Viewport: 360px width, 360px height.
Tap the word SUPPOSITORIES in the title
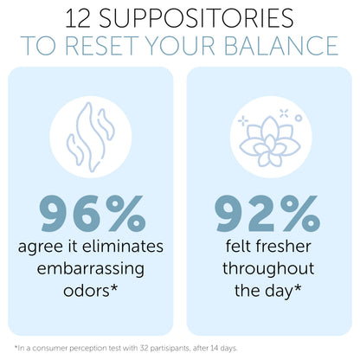coord(196,18)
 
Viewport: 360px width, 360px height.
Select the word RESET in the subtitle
coord(101,46)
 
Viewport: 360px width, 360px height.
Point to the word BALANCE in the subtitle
coord(280,46)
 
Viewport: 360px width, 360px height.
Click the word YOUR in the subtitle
coord(180,46)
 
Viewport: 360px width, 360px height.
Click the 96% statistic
coord(93,214)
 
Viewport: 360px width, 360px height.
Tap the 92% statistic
coord(267,214)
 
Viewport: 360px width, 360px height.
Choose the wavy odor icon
coord(91,137)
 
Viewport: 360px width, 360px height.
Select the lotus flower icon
coord(270,140)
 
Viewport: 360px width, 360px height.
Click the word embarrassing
coord(91,269)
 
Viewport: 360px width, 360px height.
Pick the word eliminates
coord(123,247)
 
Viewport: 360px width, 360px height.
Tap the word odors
coord(87,291)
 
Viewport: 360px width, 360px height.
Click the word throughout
coord(268,268)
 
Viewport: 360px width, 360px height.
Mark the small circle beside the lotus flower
coord(299,118)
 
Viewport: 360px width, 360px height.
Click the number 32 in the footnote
coord(144,348)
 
